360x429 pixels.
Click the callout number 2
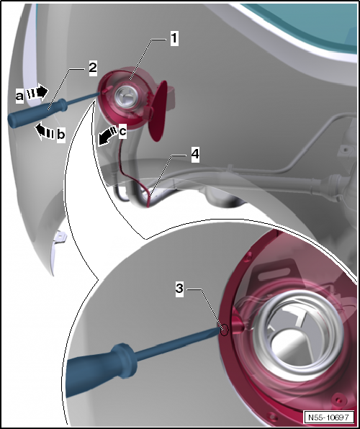pyautogui.click(x=92, y=68)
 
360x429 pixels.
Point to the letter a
pyautogui.click(x=19, y=93)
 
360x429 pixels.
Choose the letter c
pyautogui.click(x=122, y=131)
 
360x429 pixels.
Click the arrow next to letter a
pyautogui.click(x=37, y=92)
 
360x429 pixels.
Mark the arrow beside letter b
pyautogui.click(x=42, y=130)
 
